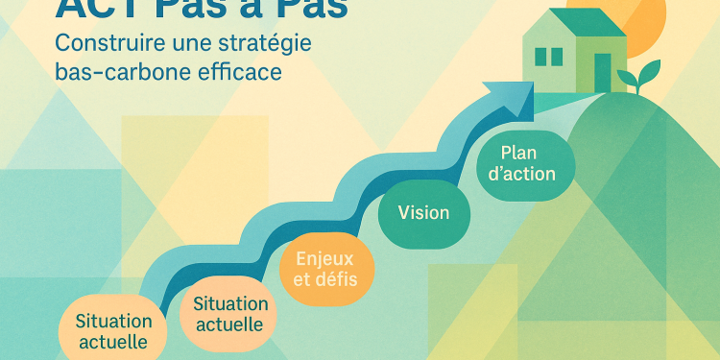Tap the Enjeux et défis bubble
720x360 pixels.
pyautogui.click(x=324, y=269)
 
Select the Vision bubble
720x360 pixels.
pyautogui.click(x=423, y=212)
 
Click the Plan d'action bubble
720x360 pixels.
pyautogui.click(x=527, y=164)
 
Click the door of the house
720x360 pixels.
pyautogui.click(x=603, y=71)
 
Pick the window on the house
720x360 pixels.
pyautogui.click(x=548, y=57)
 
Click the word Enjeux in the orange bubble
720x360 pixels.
pyautogui.click(x=324, y=258)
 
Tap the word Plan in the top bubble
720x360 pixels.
pyautogui.click(x=520, y=153)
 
